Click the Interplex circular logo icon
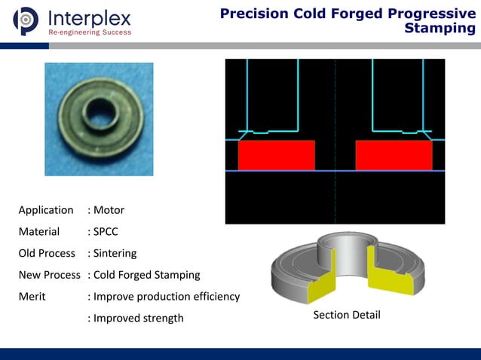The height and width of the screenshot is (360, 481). [x=26, y=20]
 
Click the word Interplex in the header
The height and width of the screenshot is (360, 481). [x=89, y=17]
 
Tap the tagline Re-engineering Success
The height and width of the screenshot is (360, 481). [x=90, y=32]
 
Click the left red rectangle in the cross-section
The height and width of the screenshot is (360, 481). [x=277, y=154]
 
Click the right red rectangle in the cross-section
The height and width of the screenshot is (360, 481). [x=394, y=154]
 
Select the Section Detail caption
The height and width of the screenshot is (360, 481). [x=347, y=315]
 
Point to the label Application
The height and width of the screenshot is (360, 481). [x=46, y=210]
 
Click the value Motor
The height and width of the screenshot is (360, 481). [x=109, y=210]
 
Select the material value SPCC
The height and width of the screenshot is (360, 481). [x=106, y=231]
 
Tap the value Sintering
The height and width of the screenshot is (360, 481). [x=115, y=253]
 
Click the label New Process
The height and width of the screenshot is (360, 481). [x=49, y=275]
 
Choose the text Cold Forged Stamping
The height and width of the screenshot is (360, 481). [x=146, y=275]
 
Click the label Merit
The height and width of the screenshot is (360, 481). [x=32, y=296]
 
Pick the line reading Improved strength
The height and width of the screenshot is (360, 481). [x=139, y=318]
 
